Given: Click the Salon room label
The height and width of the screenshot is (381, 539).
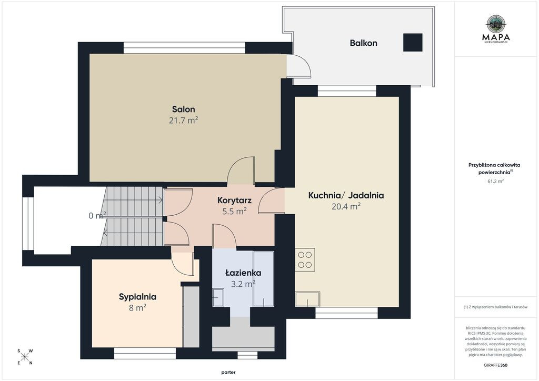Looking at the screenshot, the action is [184, 109].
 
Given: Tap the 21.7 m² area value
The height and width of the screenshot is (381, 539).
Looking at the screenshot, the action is [183, 120].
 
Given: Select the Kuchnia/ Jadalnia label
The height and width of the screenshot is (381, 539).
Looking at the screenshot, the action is [346, 195].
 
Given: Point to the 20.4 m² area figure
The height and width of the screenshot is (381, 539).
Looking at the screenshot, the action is [346, 206].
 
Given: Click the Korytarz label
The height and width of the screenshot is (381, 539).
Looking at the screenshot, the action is [234, 200].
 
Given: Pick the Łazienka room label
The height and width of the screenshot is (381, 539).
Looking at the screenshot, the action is [243, 273].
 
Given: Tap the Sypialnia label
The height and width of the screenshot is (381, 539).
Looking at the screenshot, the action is [137, 297].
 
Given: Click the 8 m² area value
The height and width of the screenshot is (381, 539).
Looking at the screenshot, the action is [137, 307].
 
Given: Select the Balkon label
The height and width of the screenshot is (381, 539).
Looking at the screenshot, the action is [363, 43].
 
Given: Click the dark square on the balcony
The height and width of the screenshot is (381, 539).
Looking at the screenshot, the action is [413, 42].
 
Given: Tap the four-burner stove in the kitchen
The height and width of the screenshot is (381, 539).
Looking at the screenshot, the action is [305, 260].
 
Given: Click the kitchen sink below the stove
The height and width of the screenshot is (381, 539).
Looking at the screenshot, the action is [307, 299].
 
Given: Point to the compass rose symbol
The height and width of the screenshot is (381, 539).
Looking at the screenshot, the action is [24, 357].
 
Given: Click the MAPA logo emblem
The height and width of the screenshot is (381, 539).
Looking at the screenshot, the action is [496, 23].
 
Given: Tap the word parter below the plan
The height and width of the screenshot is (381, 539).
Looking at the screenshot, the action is [228, 373].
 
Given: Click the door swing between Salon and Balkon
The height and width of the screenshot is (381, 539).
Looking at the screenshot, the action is [298, 66].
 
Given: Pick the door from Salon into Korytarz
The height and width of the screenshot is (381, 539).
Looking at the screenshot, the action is [241, 171].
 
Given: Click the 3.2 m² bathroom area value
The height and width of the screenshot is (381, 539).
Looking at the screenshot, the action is [243, 284].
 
